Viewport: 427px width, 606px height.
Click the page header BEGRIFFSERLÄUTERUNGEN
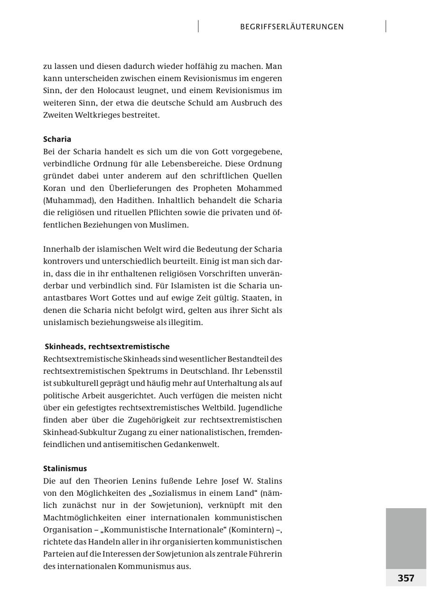292,27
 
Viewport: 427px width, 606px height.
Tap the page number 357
406,578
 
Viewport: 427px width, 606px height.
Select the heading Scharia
57,139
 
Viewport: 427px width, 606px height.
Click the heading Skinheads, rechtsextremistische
107,346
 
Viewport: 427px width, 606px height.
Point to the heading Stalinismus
65,468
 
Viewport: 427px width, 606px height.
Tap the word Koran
54,188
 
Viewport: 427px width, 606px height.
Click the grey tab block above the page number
406,538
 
